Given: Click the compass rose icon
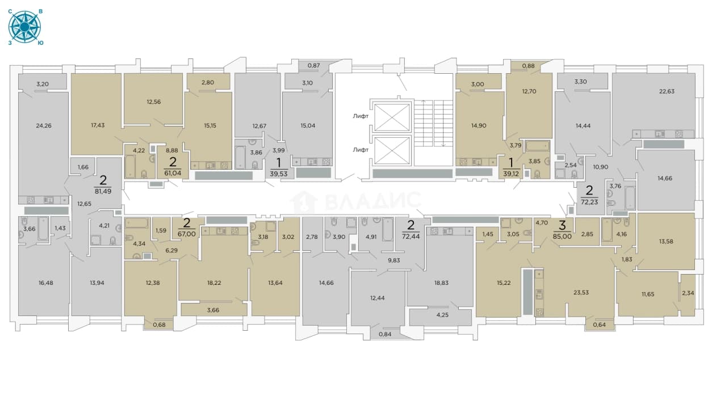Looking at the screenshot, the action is (x=24, y=27).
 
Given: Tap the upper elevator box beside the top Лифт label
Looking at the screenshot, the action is (x=392, y=117).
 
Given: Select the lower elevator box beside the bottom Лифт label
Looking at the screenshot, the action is (x=392, y=151).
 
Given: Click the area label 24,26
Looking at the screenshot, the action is (x=44, y=126).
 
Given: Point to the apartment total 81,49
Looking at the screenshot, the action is (x=103, y=192).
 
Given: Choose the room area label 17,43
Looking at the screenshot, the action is (x=98, y=125).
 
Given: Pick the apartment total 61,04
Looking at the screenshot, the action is (x=173, y=173).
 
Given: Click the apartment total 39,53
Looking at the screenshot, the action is (x=279, y=174).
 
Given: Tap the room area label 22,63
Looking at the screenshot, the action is (x=667, y=91).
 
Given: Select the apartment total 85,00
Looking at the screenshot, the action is (x=562, y=237).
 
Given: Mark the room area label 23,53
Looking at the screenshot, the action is (x=581, y=293).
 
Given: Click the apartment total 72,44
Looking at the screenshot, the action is (x=411, y=237).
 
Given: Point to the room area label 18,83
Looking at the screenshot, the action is (x=441, y=283).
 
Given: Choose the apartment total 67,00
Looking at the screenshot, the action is (x=187, y=234).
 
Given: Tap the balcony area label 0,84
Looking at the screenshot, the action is (x=385, y=334).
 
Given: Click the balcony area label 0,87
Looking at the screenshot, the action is (x=314, y=66).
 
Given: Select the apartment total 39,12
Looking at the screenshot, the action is (x=511, y=174).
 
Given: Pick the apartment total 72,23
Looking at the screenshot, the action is (x=589, y=202).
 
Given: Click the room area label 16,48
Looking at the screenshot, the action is (x=46, y=283).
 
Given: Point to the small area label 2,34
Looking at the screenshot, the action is (x=688, y=293).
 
